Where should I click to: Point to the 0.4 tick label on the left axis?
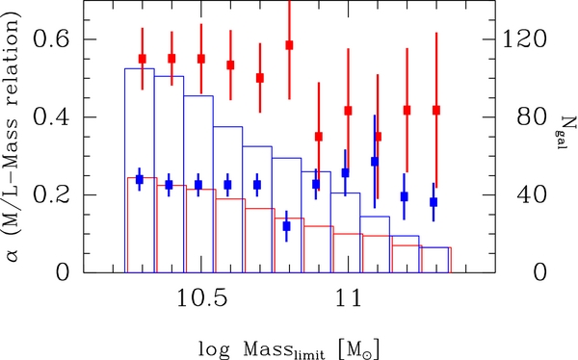(48, 117)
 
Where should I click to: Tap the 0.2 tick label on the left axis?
(48, 195)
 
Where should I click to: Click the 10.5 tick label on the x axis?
(200, 298)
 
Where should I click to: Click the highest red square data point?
(289, 45)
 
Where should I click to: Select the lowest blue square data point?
(287, 226)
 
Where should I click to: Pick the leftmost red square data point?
(142, 59)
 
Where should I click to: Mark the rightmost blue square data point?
(433, 202)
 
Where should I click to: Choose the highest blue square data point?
(375, 162)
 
